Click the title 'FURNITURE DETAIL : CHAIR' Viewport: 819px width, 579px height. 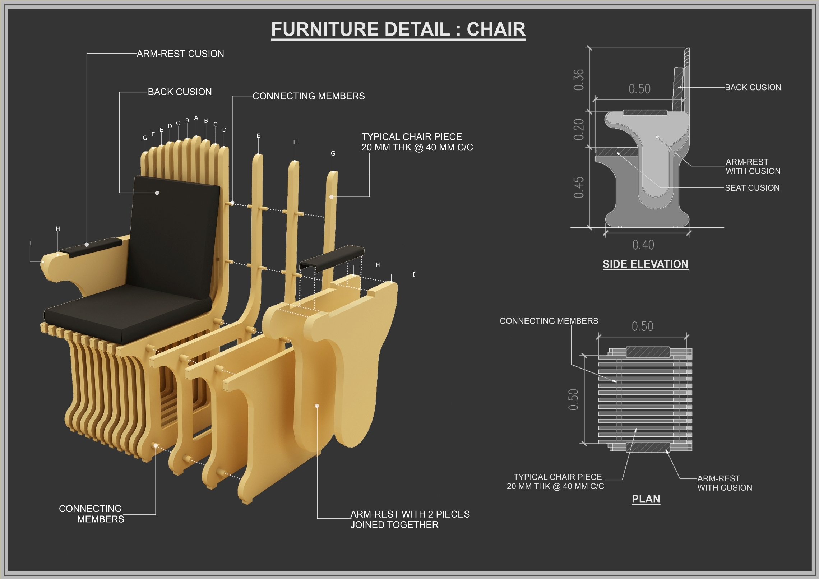[x=398, y=29]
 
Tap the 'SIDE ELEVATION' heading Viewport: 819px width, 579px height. [x=645, y=264]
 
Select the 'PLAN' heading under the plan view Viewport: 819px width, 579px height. [x=646, y=499]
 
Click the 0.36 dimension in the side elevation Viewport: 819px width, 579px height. [x=579, y=80]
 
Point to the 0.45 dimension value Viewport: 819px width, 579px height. [x=579, y=187]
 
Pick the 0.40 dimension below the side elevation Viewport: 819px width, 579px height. [x=643, y=245]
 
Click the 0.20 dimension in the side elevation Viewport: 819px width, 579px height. [x=579, y=130]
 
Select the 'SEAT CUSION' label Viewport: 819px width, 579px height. [x=752, y=188]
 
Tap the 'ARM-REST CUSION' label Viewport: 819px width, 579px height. [x=180, y=54]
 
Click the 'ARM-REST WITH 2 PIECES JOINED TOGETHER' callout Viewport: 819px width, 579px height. [x=409, y=519]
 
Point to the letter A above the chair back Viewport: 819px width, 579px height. [x=196, y=118]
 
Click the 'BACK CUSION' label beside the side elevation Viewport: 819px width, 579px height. [x=753, y=87]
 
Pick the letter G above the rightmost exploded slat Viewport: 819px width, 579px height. [x=333, y=154]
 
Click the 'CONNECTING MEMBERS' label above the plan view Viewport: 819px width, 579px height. [x=549, y=321]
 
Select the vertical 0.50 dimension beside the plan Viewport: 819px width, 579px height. [x=573, y=399]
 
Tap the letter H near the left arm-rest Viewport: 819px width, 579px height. [x=58, y=229]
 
